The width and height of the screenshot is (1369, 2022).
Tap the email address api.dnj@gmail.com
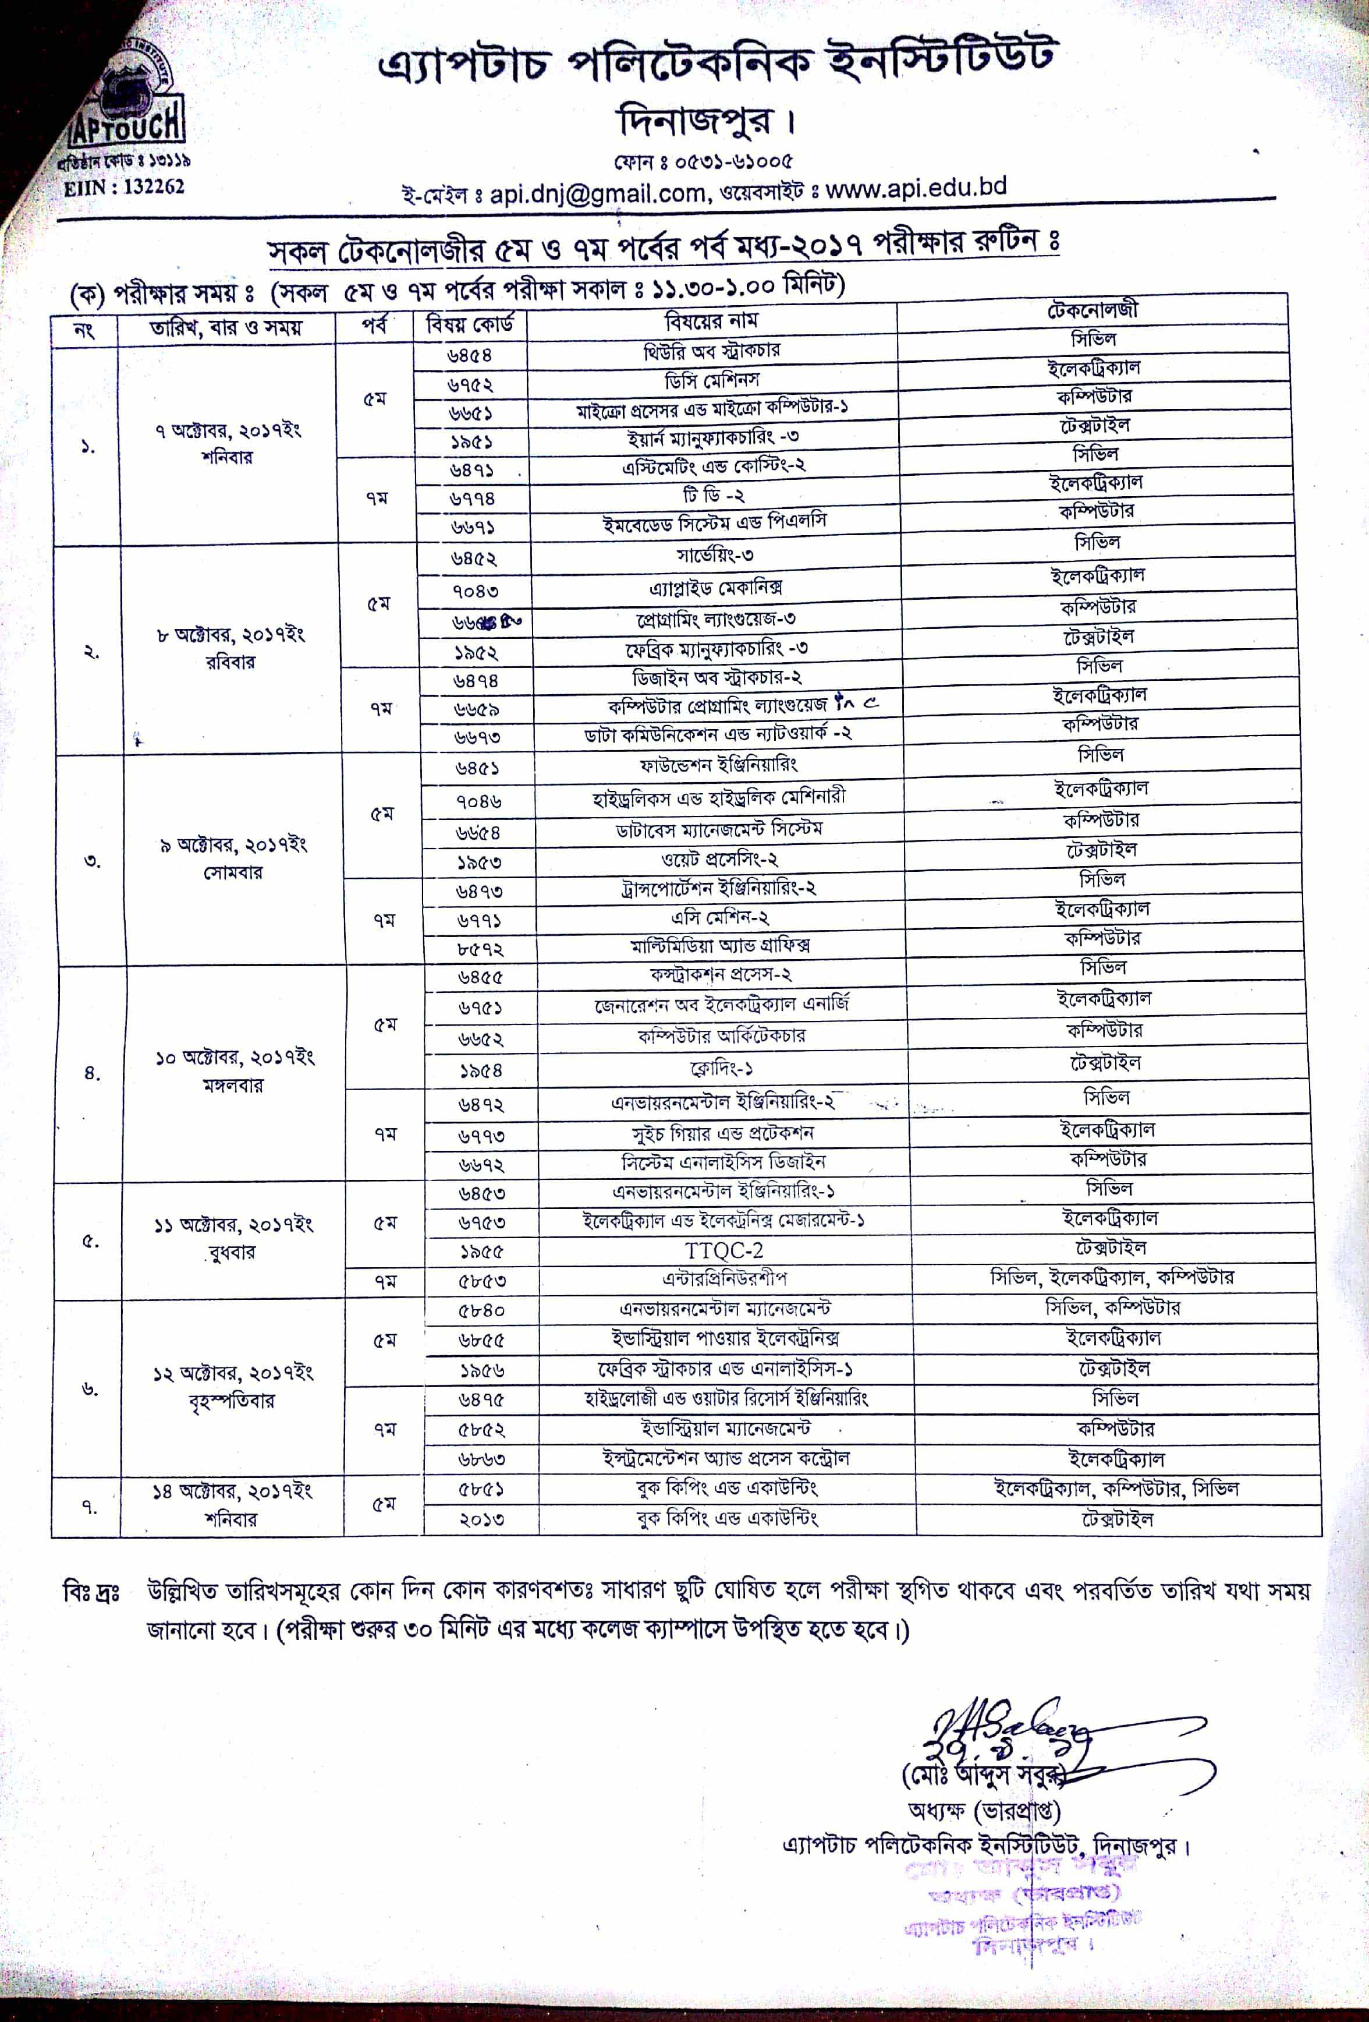596,193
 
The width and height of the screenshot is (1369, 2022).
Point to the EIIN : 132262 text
125,187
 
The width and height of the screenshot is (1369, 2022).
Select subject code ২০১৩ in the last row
481,1519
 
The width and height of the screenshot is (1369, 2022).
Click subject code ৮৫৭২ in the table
480,948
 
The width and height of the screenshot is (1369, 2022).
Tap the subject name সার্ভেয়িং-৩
714,555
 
